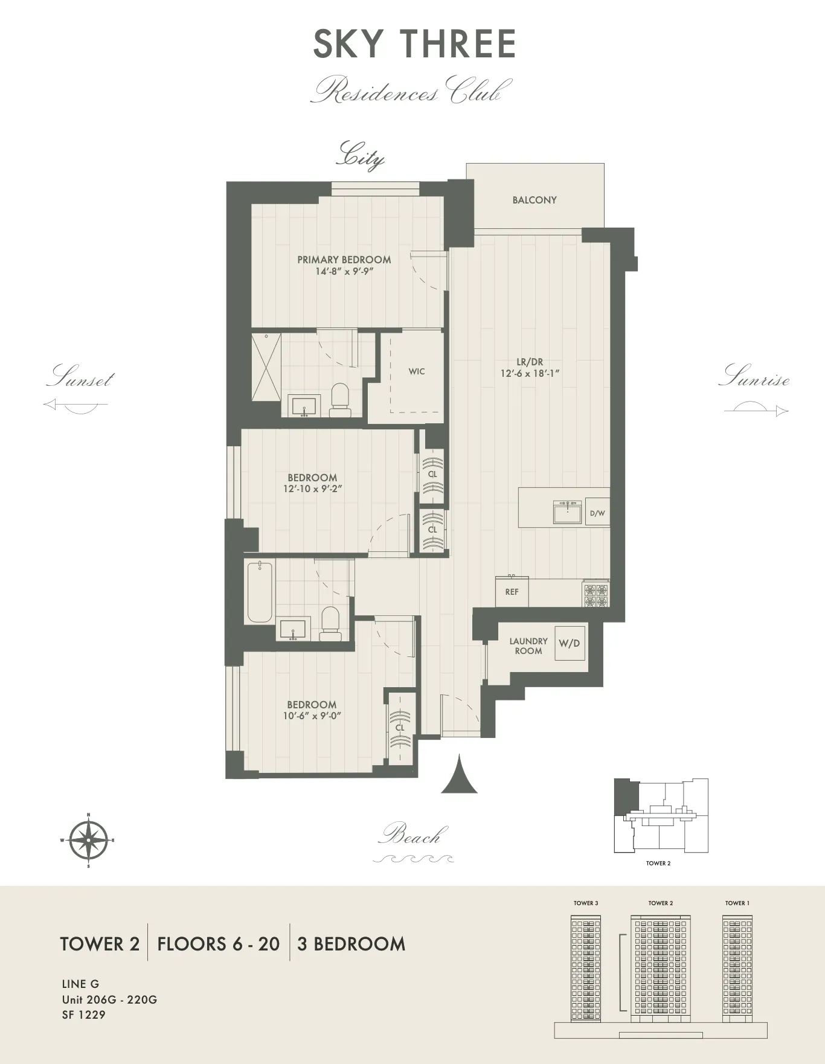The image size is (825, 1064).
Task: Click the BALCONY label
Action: pos(534,200)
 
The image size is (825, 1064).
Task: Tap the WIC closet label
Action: pos(417,371)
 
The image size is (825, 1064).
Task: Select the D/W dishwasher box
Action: pos(597,513)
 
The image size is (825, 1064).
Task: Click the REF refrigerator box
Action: pos(512,592)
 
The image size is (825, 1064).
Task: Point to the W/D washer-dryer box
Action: pos(570,643)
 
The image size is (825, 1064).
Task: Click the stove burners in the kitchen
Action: pos(596,594)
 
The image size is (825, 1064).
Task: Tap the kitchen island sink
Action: pos(567,512)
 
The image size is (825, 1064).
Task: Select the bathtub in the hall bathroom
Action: pos(260,592)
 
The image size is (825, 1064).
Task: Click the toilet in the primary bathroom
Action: pos(341,400)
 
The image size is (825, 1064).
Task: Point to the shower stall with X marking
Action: pos(266,367)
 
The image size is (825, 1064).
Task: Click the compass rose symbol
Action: pos(88,840)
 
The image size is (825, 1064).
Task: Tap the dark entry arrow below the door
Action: pos(460,776)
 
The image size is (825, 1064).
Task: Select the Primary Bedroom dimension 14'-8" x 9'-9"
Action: pos(344,272)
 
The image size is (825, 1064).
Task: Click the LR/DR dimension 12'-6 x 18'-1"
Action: pos(530,374)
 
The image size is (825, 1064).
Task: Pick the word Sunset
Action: pos(80,377)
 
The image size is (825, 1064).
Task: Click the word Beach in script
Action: pos(414,836)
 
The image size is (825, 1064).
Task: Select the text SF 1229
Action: pos(84,1015)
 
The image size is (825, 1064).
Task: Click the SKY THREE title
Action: pos(414,44)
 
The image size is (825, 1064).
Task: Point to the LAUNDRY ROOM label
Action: pos(528,646)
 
